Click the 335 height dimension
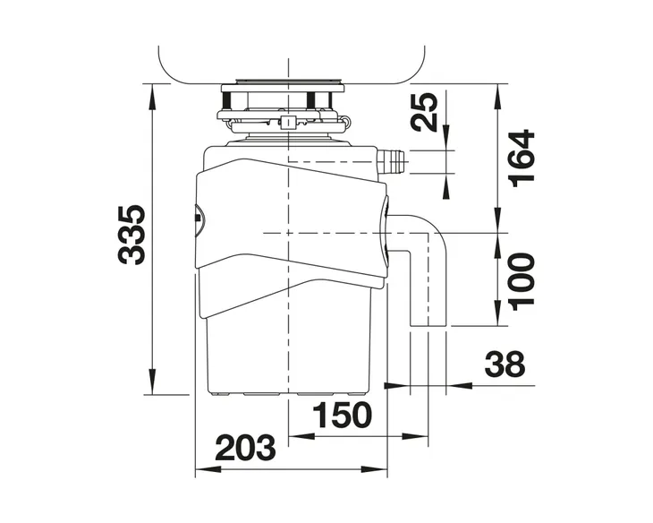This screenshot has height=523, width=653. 131,235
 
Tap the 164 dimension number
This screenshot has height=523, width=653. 522,159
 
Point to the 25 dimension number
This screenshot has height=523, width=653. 424,112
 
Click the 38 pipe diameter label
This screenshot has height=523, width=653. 505,364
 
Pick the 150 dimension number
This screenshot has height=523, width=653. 342,415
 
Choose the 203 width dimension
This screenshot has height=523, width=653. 246,448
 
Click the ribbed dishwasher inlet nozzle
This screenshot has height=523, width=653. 393,160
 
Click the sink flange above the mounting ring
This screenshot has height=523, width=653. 283,88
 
